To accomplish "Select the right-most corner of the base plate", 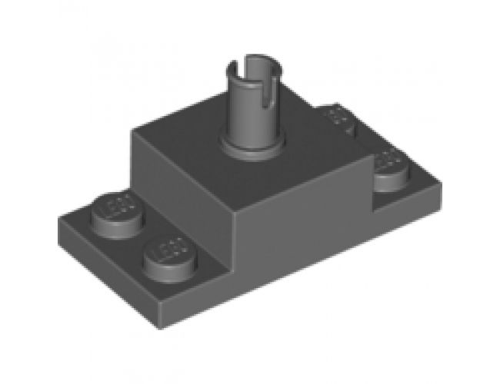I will tap(445, 184).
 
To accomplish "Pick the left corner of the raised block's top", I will tap(134, 137).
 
